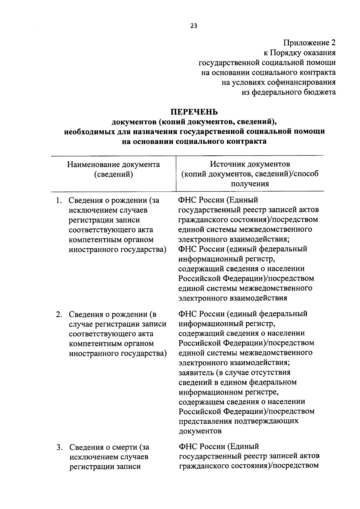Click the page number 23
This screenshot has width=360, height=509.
coord(194,26)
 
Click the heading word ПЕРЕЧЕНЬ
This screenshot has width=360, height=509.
coord(194,112)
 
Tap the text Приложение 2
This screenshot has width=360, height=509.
coord(309,43)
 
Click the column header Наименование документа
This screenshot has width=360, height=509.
coord(113,165)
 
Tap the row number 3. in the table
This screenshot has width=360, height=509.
coord(60,448)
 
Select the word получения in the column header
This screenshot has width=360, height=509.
coord(250,184)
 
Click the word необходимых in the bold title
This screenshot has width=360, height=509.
coord(89,132)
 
